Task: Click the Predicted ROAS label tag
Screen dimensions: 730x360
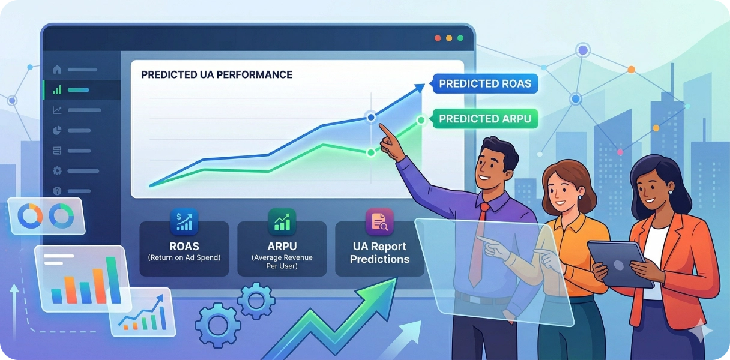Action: [484, 84]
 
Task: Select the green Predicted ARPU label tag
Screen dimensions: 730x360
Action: [484, 119]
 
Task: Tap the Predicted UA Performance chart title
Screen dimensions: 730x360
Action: [217, 74]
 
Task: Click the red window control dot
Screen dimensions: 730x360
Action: [438, 38]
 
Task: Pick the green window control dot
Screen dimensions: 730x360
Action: [460, 38]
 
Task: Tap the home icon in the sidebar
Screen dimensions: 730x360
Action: [58, 70]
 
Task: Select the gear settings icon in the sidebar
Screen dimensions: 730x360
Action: [58, 171]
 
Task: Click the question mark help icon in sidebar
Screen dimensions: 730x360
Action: [58, 191]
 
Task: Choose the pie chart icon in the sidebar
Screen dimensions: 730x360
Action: [58, 130]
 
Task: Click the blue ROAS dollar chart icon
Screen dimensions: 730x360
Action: [184, 222]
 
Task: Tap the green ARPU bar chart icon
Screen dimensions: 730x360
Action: [282, 222]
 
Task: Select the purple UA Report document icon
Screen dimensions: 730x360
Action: [379, 222]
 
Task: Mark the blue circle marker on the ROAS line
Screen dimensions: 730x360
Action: [371, 117]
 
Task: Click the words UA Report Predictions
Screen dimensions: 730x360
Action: [379, 253]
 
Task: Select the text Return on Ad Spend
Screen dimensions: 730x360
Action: [184, 258]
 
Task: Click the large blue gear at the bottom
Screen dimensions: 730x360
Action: [218, 325]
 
